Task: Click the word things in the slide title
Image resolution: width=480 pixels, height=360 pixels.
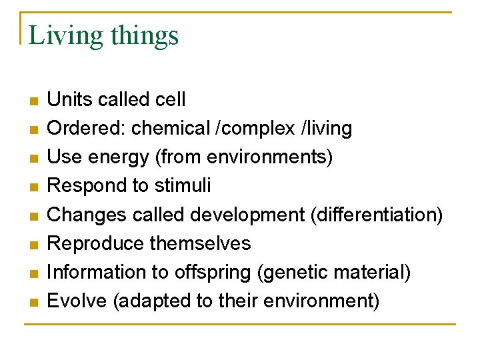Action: [x=145, y=35]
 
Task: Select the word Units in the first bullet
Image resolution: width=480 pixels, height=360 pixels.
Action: [x=70, y=100]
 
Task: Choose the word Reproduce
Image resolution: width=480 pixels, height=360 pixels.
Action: [x=96, y=243]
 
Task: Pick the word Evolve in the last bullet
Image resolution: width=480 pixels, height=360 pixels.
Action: [x=77, y=301]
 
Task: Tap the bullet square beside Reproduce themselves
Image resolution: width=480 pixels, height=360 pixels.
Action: [x=33, y=245]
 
